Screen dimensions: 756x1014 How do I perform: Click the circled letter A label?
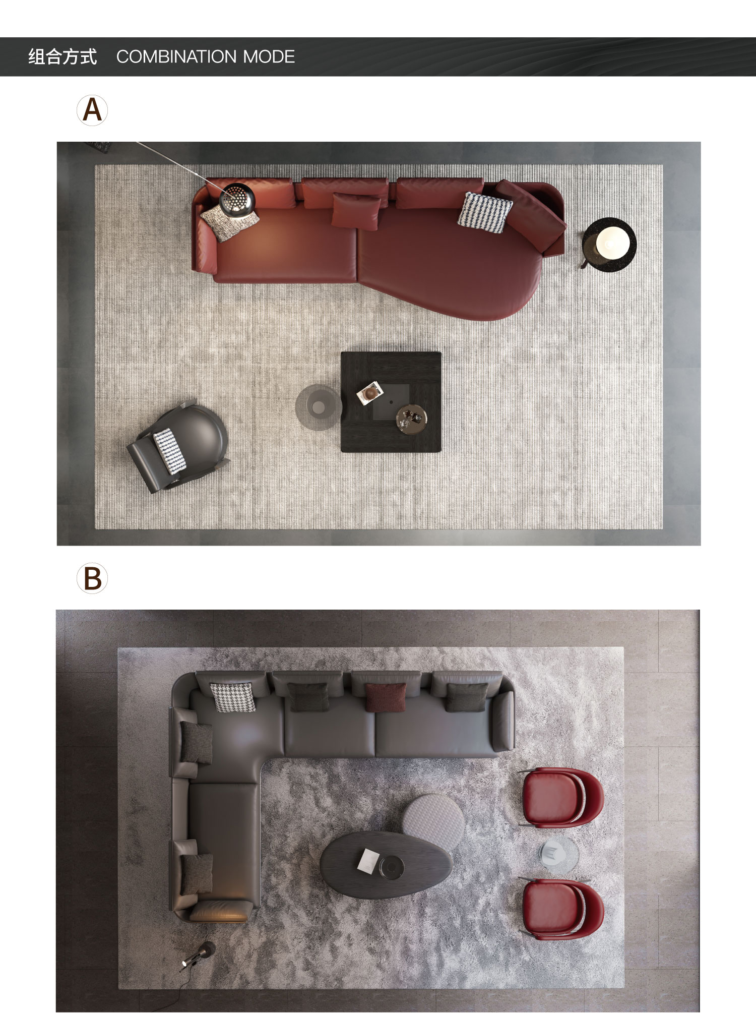(x=92, y=110)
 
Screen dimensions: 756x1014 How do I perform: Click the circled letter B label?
(x=92, y=578)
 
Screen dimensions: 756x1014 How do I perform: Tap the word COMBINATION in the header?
(x=177, y=56)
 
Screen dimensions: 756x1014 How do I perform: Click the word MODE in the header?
(x=269, y=56)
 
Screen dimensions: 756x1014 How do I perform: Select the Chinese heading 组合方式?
(x=62, y=56)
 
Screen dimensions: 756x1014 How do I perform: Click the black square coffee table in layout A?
(x=391, y=402)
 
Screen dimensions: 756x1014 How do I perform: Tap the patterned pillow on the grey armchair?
(x=169, y=451)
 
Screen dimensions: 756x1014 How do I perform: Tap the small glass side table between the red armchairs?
(x=558, y=854)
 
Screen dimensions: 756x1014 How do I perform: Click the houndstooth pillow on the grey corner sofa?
(x=233, y=697)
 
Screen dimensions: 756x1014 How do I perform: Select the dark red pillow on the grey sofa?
(x=386, y=697)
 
